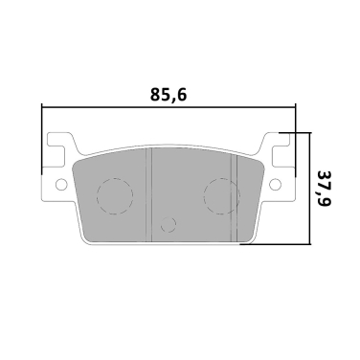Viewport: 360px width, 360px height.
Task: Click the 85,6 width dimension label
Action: [x=168, y=94]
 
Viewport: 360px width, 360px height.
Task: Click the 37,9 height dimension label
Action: [x=325, y=189]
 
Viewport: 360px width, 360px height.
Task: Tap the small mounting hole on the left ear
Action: [x=61, y=184]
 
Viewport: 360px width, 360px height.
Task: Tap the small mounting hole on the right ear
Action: [x=276, y=184]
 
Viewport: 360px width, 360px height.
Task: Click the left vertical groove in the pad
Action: [x=148, y=194]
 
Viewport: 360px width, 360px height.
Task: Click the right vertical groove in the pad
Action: [x=234, y=198]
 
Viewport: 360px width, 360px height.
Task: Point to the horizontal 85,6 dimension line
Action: [x=169, y=107]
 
